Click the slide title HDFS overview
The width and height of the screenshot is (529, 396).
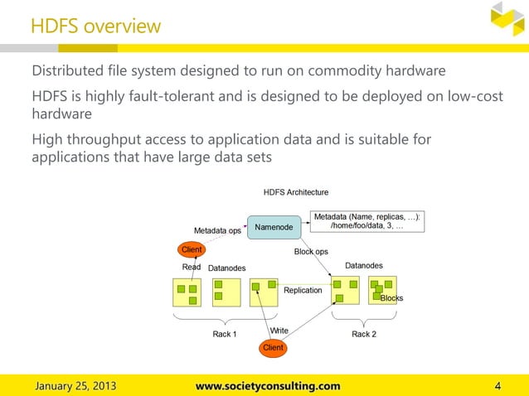(95, 27)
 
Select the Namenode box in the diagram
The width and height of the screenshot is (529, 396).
(273, 226)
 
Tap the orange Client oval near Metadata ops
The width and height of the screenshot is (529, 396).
(192, 249)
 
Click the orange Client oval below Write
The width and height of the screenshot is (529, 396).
(273, 348)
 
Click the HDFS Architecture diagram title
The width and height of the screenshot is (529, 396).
(296, 192)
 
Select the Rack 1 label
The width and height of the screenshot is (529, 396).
(224, 334)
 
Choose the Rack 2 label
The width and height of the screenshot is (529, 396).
(364, 334)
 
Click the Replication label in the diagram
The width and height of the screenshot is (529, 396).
(303, 291)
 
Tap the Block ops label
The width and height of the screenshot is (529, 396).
(311, 251)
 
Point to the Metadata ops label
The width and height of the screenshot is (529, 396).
(217, 230)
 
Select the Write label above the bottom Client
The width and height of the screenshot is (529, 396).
(279, 331)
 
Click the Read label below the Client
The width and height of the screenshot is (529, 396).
(192, 268)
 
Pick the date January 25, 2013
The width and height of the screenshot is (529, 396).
(75, 385)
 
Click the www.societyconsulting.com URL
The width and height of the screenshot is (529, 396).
(267, 385)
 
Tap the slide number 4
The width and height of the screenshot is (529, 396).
(497, 385)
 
